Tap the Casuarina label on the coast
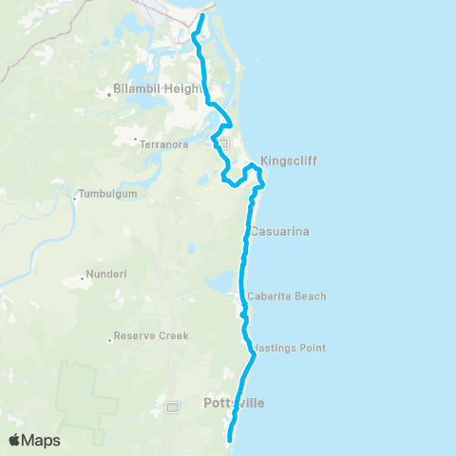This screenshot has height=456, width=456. click(x=280, y=231)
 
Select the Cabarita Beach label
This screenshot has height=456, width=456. click(x=286, y=296)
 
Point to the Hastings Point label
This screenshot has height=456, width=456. click(x=292, y=348)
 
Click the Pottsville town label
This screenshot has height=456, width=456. click(x=235, y=404)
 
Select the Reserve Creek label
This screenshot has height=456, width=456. click(x=151, y=335)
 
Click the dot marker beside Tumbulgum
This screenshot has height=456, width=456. click(x=75, y=199)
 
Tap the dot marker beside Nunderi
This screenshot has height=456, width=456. click(x=84, y=280)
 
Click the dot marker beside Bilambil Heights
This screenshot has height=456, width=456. click(x=110, y=93)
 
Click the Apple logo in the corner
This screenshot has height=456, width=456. click(x=16, y=440)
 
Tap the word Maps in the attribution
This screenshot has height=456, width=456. click(x=42, y=440)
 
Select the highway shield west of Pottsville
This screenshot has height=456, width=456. click(x=172, y=408)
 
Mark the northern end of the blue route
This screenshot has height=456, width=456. click(x=203, y=16)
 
